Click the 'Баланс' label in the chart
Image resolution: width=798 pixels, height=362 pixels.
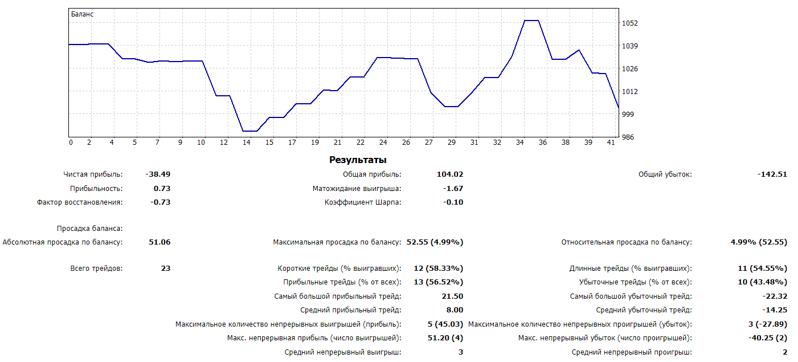point(82,14)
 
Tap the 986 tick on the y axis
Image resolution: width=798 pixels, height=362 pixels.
point(628,137)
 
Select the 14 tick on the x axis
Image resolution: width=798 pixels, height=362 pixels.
point(247,143)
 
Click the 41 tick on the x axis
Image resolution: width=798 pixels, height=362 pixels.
point(611,143)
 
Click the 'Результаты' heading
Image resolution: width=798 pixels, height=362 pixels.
point(358,160)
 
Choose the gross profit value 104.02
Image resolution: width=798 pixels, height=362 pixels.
point(449,174)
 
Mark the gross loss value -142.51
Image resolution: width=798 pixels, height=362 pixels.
point(772,174)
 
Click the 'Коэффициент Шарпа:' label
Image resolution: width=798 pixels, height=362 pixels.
point(363,202)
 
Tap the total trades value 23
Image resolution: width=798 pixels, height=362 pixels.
point(165,269)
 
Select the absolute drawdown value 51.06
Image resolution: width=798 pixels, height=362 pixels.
point(159,242)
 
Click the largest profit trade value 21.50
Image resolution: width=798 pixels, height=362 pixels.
point(452,296)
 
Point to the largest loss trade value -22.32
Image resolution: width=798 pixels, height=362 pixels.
point(775,296)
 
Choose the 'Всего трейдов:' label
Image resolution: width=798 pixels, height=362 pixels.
point(96,269)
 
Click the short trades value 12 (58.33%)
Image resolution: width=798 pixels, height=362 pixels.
point(439,269)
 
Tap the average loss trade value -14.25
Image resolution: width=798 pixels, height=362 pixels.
point(775,310)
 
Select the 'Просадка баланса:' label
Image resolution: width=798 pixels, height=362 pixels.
point(89,229)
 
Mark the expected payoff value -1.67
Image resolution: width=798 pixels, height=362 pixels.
point(453,189)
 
